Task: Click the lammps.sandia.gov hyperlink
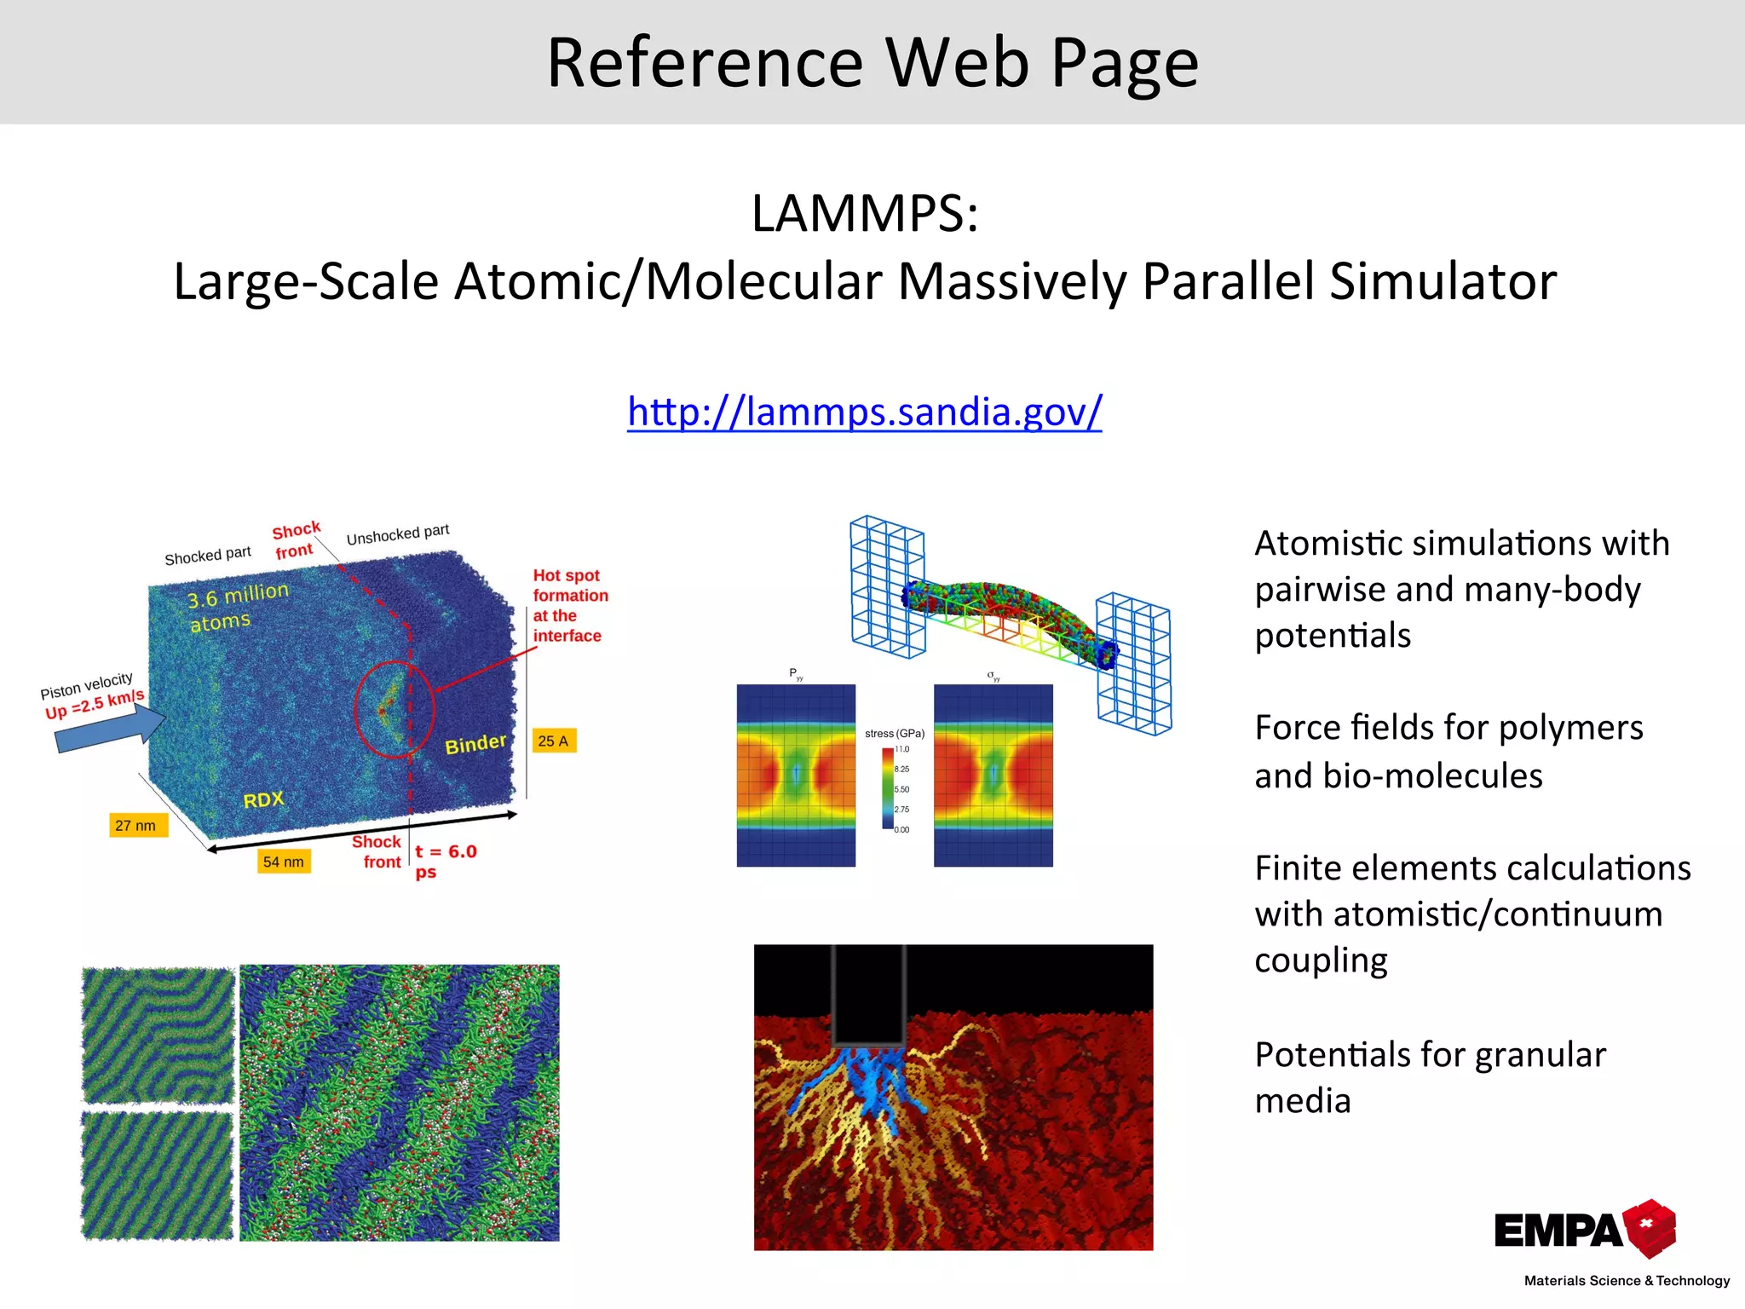pyautogui.click(x=864, y=412)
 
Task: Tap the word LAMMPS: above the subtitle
pyautogui.click(x=864, y=213)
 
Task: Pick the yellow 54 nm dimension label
pyautogui.click(x=283, y=862)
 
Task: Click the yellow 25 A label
pyautogui.click(x=553, y=741)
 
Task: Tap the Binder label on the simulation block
pyautogui.click(x=475, y=744)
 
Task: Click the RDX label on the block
pyautogui.click(x=263, y=800)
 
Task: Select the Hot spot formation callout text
pyautogui.click(x=569, y=605)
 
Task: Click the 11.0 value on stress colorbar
pyautogui.click(x=901, y=749)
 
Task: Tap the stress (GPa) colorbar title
pyautogui.click(x=894, y=733)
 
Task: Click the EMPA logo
pyautogui.click(x=1585, y=1229)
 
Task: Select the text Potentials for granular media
pyautogui.click(x=1430, y=1077)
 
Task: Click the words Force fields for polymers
pyautogui.click(x=1448, y=728)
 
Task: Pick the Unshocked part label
pyautogui.click(x=397, y=534)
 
